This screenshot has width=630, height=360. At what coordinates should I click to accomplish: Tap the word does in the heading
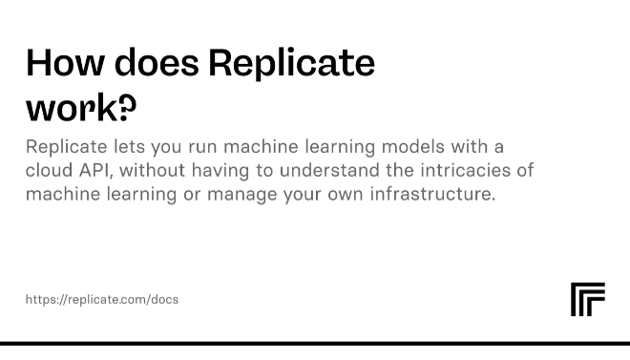157,63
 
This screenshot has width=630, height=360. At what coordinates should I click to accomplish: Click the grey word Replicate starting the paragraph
63,147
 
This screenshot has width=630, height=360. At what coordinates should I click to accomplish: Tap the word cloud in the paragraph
48,170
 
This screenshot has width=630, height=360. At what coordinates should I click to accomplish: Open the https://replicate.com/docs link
102,299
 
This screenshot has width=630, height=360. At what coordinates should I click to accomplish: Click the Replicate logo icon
587,299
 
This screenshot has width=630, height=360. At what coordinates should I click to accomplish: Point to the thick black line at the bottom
315,343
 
